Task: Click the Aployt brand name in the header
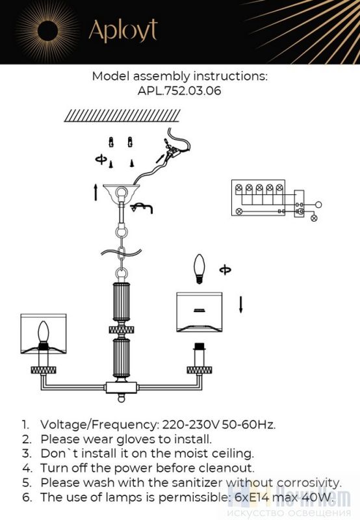tap(123, 31)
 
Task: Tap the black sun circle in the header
tap(47, 31)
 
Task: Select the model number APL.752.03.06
tap(179, 91)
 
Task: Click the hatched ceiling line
tap(122, 116)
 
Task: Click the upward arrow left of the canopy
tap(96, 192)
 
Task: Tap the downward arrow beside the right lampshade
tap(241, 304)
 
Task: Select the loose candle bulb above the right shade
tap(199, 269)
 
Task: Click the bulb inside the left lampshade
tap(43, 333)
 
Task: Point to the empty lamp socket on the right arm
tap(199, 354)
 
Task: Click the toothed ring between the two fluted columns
tap(122, 330)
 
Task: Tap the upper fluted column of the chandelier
tap(122, 302)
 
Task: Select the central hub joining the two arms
tap(122, 387)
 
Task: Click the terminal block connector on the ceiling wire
tap(173, 151)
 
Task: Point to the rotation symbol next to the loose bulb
tap(225, 270)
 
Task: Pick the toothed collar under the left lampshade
tap(44, 370)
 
